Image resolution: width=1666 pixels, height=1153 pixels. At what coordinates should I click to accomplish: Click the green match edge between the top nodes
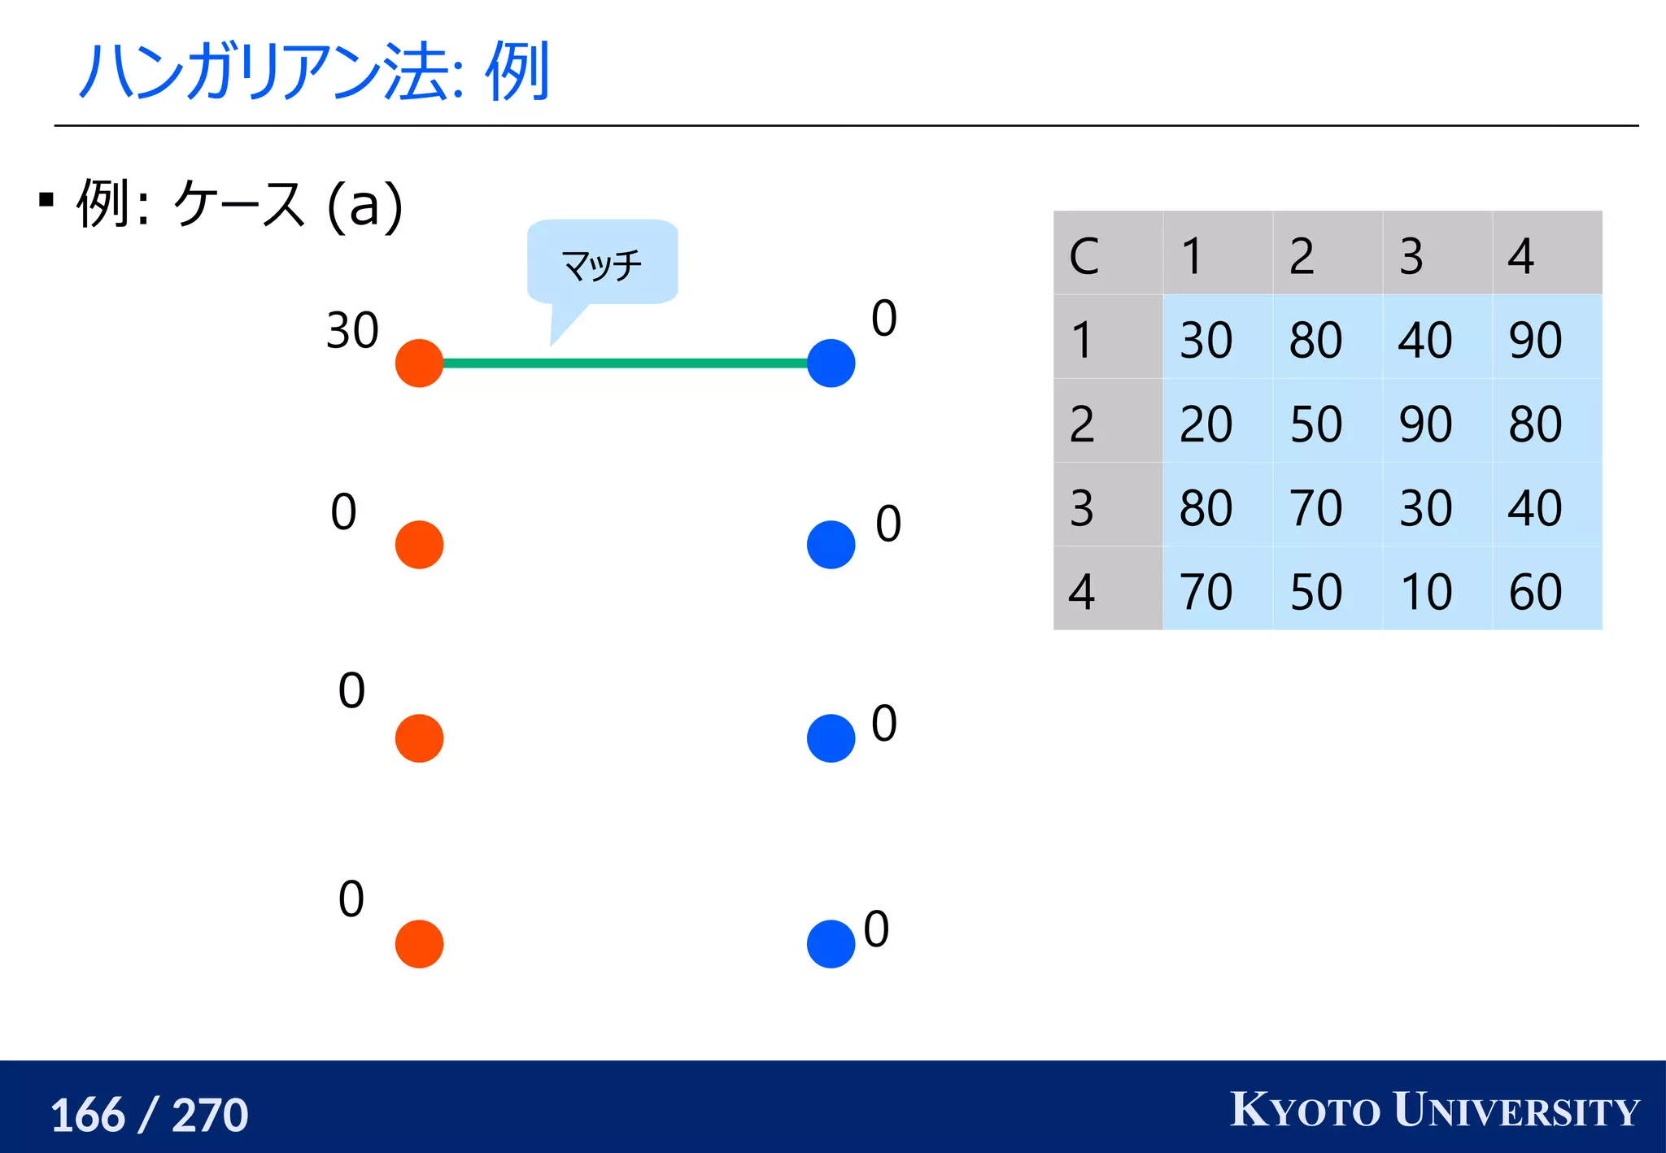click(625, 363)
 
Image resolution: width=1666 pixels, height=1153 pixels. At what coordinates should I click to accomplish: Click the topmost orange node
click(419, 363)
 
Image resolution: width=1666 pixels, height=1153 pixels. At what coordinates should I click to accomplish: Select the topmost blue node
click(831, 363)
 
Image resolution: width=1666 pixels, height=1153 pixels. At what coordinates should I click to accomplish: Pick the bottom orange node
click(419, 943)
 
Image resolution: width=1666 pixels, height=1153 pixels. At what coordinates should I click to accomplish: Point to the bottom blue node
click(831, 943)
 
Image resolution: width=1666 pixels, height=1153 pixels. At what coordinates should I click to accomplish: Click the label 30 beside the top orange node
click(352, 331)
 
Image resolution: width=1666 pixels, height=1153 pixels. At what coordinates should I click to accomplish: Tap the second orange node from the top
click(419, 544)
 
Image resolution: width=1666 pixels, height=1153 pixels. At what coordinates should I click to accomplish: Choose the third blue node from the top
click(831, 737)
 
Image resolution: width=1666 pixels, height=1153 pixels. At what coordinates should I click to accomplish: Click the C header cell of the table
click(1107, 255)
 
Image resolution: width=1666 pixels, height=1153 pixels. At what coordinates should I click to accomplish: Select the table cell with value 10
click(1436, 590)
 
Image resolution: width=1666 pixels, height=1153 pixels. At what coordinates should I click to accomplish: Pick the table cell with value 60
click(1546, 590)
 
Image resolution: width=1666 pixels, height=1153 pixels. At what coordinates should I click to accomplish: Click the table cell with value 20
click(1217, 422)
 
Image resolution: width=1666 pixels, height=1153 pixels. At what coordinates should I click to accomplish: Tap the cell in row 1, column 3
click(1436, 338)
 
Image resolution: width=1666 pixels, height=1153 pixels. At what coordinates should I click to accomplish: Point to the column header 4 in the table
click(1546, 255)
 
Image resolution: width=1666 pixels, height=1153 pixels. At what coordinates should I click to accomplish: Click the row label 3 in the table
click(1107, 506)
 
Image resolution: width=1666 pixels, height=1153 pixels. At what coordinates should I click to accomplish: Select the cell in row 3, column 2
click(1326, 506)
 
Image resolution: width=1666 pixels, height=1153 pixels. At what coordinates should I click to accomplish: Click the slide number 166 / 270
click(150, 1114)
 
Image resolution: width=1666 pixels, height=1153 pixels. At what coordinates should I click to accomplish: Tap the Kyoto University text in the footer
click(1434, 1110)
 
